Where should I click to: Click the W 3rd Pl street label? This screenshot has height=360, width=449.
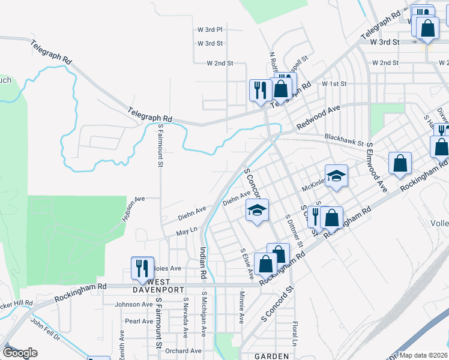pos(210,29)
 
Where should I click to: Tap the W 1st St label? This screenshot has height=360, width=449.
pos(334,84)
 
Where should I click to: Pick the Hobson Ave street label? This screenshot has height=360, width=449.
pos(134,208)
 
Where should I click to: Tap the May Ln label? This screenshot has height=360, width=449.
pos(187,230)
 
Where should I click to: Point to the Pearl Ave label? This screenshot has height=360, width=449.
pos(139,321)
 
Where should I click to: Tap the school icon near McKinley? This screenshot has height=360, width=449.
pos(337,175)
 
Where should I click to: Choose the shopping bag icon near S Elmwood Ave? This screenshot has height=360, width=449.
pos(400,163)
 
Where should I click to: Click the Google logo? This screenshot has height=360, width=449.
pos(20,353)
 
